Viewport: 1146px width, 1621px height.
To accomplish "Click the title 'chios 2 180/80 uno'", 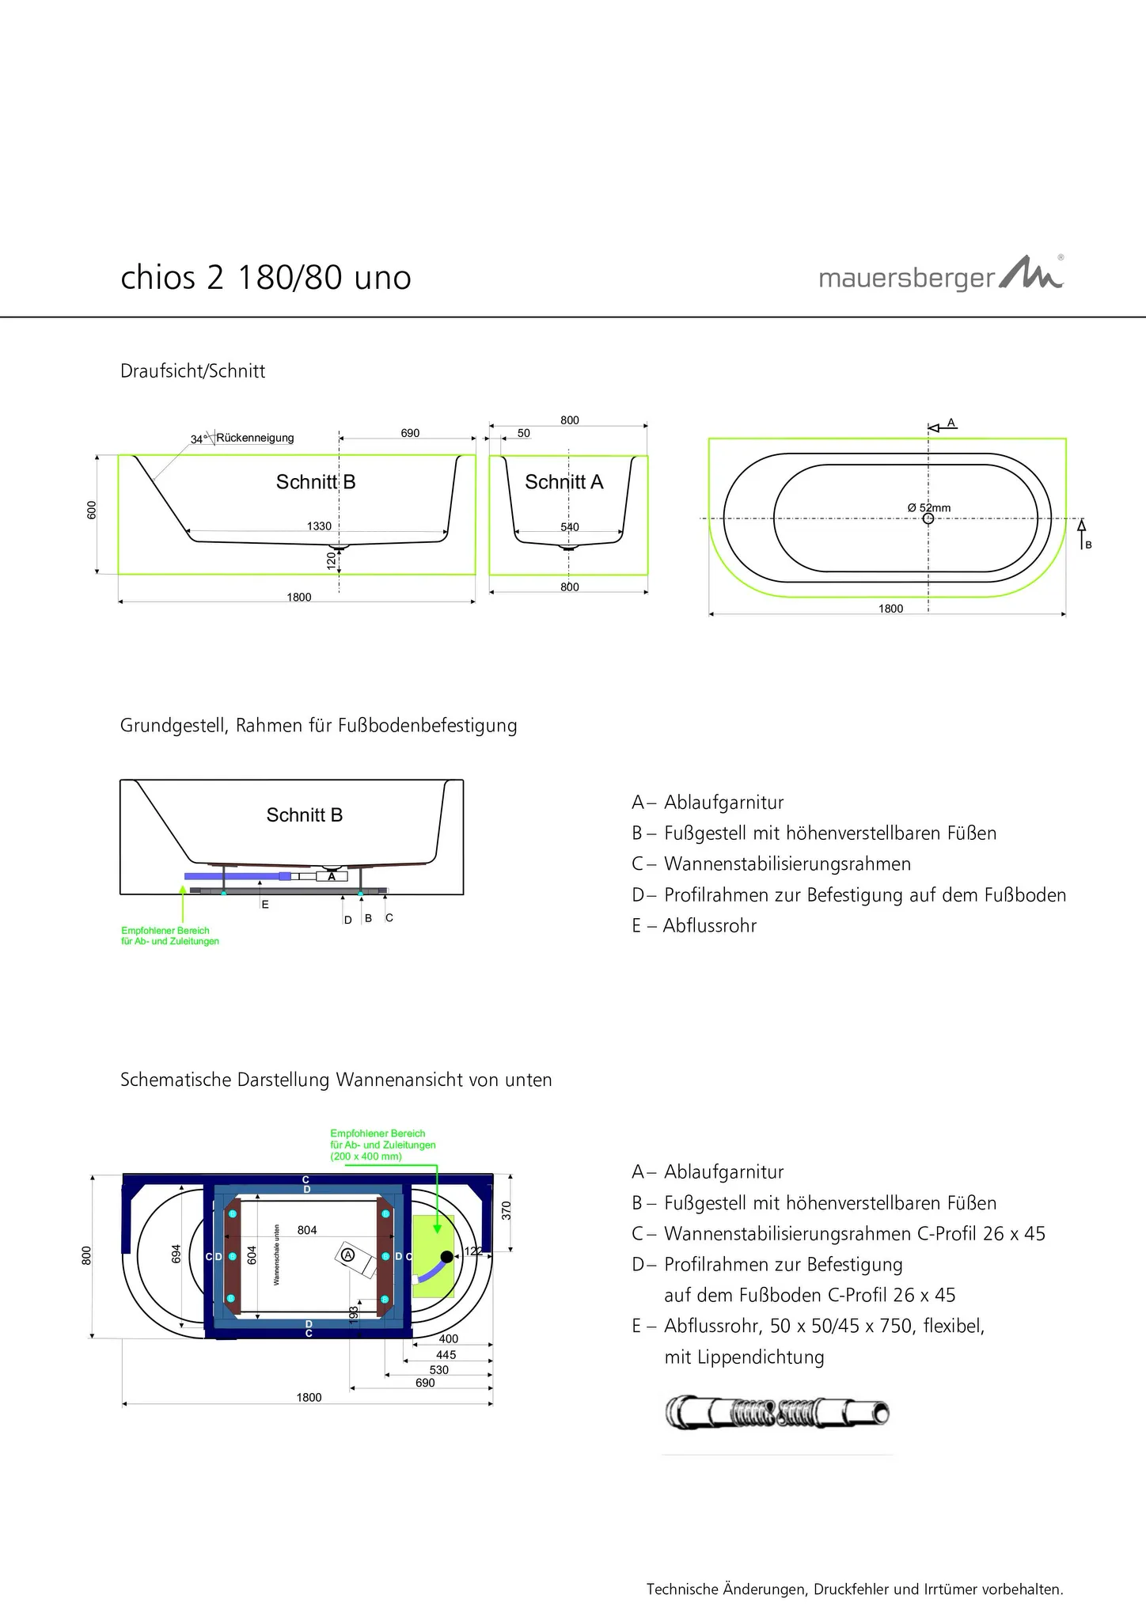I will [266, 278].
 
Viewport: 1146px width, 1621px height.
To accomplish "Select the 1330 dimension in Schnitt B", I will [319, 526].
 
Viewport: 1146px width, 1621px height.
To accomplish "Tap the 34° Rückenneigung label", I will [242, 438].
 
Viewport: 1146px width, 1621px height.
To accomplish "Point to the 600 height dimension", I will [92, 511].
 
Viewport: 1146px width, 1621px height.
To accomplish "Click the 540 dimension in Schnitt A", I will [570, 527].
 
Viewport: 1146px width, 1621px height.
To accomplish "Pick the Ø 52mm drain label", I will [929, 507].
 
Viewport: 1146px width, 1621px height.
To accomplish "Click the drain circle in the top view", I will [928, 518].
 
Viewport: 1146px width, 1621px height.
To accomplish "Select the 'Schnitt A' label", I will [564, 482].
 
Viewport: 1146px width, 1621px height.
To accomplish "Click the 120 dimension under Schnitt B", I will [332, 561].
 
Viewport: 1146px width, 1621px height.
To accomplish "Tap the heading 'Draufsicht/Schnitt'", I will [192, 371].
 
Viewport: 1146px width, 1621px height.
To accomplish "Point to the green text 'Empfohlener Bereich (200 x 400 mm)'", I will [383, 1145].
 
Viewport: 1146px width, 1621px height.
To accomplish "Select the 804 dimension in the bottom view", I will [307, 1230].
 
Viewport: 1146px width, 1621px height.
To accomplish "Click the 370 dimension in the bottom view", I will [507, 1210].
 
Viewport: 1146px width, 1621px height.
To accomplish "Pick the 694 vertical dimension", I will [176, 1255].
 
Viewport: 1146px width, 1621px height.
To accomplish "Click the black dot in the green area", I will [447, 1257].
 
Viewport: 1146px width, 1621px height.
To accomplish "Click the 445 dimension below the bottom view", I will [446, 1355].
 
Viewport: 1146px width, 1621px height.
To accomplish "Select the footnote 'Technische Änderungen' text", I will [855, 1589].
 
